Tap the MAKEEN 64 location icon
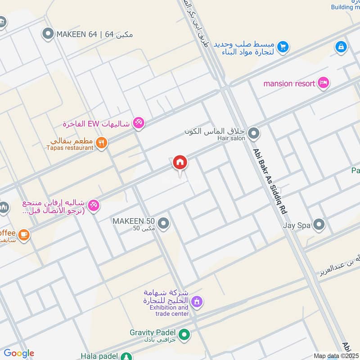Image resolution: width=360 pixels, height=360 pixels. (48, 33)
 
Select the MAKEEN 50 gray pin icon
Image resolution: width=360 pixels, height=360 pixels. (164, 223)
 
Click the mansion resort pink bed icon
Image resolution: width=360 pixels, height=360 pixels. (323, 83)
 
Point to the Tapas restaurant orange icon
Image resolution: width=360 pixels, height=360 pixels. (102, 143)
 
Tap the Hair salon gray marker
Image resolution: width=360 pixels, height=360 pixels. (254, 133)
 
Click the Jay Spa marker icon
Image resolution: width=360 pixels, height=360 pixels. (319, 224)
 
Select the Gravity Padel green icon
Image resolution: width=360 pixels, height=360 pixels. (184, 334)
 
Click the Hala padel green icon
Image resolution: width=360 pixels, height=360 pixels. (126, 356)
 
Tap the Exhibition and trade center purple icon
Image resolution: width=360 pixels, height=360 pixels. (196, 301)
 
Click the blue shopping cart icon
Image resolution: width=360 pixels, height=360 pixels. (283, 46)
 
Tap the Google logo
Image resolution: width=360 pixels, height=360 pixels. (19, 353)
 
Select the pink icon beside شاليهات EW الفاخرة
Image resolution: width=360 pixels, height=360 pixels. (139, 123)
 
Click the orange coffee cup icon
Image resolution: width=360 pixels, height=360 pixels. (23, 234)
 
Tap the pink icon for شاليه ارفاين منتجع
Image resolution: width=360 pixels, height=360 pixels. (94, 206)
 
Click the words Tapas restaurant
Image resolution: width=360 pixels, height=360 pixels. (69, 148)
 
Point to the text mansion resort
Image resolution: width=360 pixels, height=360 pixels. (289, 83)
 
